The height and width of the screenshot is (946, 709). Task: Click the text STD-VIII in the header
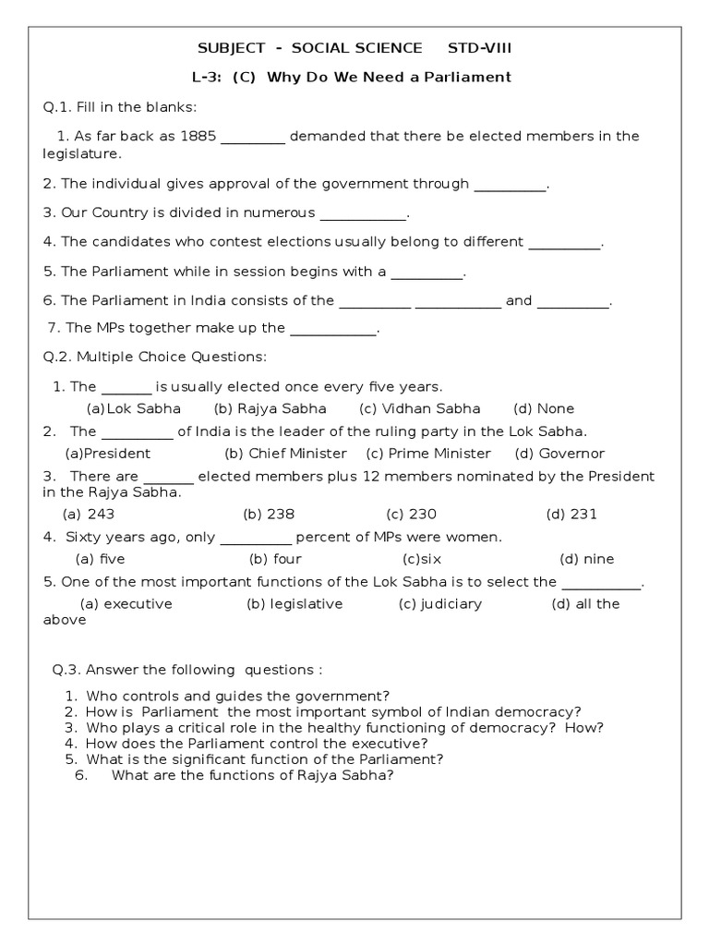point(478,48)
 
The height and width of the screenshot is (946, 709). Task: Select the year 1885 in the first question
point(198,136)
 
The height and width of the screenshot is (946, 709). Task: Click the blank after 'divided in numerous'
point(363,213)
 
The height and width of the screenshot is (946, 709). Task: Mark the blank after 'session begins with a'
point(427,272)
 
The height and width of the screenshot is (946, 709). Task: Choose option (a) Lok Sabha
point(134,408)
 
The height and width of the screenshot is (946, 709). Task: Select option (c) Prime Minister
point(428,454)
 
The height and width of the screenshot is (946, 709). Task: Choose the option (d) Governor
point(559,454)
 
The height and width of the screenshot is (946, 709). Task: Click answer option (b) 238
point(269,514)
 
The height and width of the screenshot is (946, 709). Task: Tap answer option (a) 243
point(89,514)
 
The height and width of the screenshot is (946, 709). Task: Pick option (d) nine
point(586,559)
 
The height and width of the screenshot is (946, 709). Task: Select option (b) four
point(275,559)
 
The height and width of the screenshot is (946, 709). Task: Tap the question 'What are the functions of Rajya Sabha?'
point(253,775)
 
